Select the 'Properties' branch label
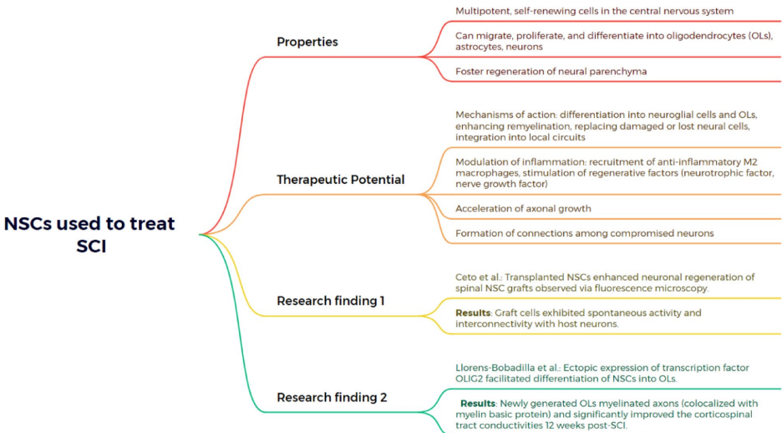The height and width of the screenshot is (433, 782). [x=307, y=42]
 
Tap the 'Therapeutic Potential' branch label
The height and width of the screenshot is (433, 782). [x=340, y=180]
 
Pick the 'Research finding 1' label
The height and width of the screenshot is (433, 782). [x=330, y=300]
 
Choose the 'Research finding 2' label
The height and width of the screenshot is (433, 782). [x=332, y=397]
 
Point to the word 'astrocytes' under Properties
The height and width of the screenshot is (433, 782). [x=481, y=48]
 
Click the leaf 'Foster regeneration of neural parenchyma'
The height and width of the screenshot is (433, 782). [x=551, y=72]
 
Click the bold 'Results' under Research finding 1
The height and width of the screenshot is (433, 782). [x=472, y=313]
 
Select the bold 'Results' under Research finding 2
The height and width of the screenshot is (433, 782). [x=478, y=404]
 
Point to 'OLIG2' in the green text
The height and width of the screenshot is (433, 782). [x=473, y=379]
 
